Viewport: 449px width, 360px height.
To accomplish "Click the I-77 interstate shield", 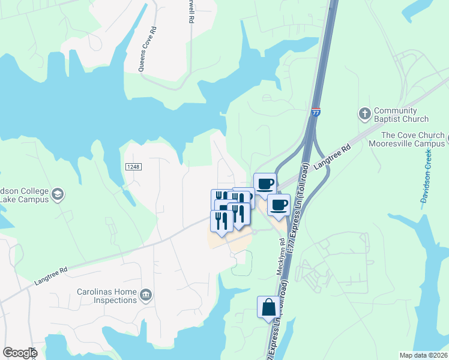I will click(x=316, y=112).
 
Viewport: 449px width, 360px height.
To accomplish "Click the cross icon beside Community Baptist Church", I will click(x=364, y=113).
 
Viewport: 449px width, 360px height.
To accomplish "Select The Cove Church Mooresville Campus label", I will click(x=413, y=140).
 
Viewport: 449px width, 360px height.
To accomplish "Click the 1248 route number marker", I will click(x=133, y=166).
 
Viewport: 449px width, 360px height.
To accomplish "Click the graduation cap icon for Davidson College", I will click(x=58, y=194).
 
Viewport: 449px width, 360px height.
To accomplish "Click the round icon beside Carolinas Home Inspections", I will click(x=146, y=295).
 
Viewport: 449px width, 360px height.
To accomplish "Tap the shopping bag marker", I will click(x=268, y=308).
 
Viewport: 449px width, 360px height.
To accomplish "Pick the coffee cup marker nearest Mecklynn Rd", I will click(x=279, y=205).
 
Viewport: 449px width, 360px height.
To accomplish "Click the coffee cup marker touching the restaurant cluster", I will click(x=265, y=184).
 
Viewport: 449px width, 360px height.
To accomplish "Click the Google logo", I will click(x=20, y=353).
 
